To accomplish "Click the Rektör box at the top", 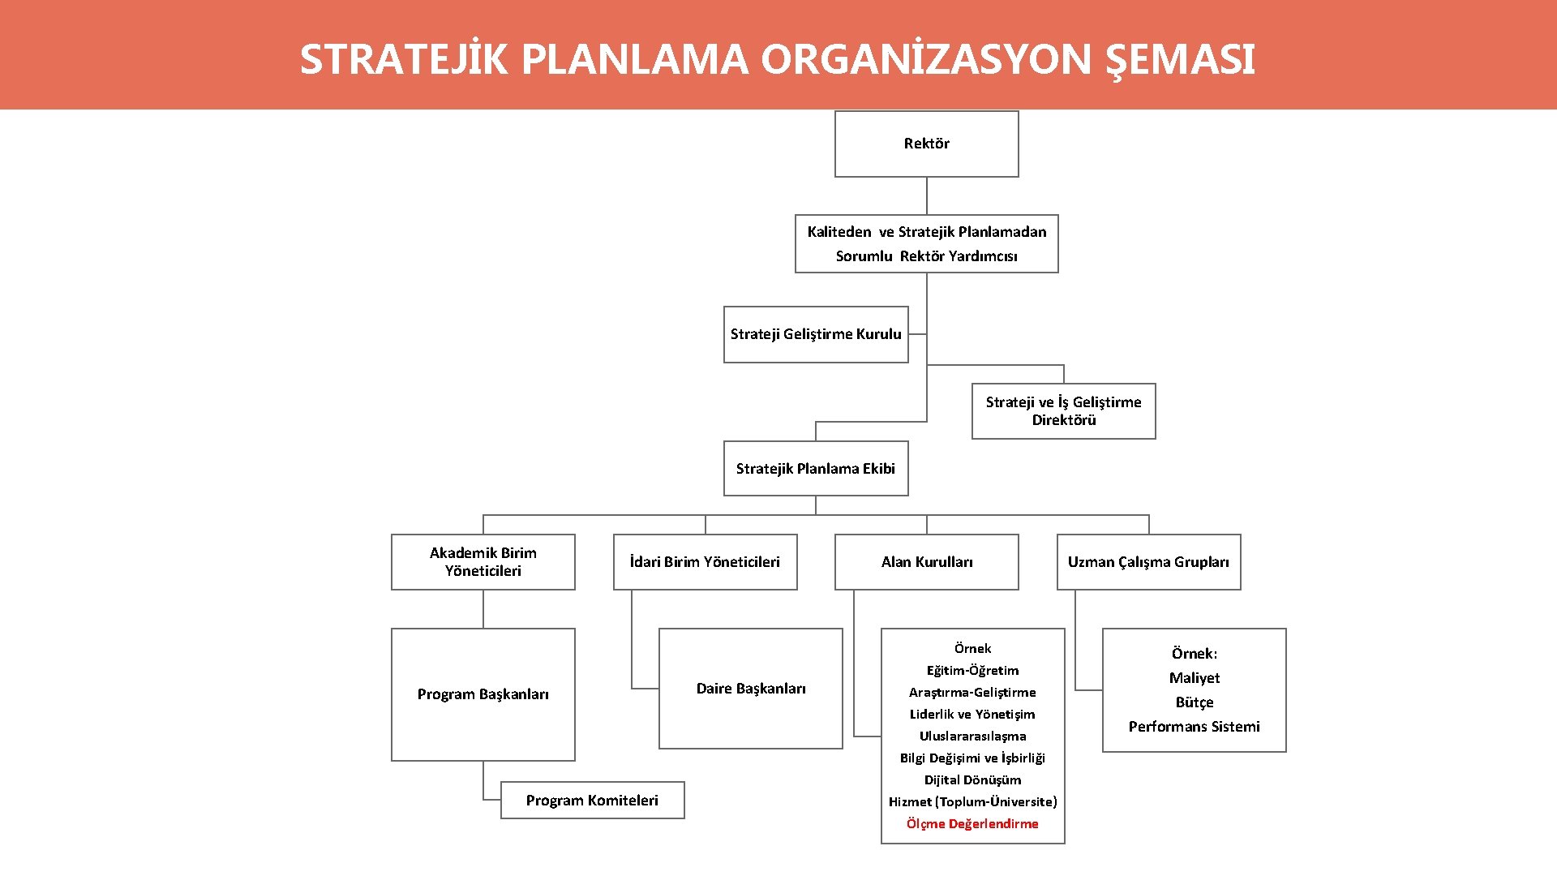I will point(926,144).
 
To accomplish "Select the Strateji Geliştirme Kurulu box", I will point(815,334).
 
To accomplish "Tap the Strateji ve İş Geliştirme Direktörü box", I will point(1063,410).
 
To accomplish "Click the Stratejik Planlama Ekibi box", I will point(815,468).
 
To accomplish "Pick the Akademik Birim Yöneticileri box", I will point(483,561).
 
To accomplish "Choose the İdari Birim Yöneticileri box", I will point(705,561).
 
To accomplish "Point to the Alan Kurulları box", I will point(926,561).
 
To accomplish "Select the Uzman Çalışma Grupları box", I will point(1148,561).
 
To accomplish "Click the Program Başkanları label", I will point(483,694).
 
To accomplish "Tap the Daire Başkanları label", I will point(751,689).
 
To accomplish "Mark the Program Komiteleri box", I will point(592,800).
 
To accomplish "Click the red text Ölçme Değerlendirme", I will point(972,823).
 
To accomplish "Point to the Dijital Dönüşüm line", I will point(972,779).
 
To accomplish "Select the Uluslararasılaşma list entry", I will point(972,736).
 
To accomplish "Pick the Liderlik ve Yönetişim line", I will point(972,714).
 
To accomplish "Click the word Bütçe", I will point(1194,702).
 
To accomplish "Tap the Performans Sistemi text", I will point(1194,727).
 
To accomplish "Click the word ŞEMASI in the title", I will point(1181,60).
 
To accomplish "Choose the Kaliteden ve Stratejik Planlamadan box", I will point(926,243).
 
